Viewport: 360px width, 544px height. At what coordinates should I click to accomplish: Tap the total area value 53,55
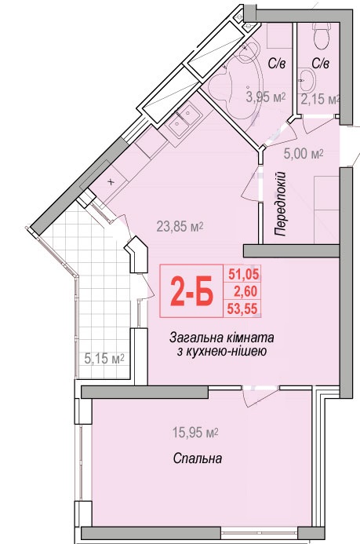[242, 309]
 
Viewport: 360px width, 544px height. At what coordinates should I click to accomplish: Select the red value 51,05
[243, 275]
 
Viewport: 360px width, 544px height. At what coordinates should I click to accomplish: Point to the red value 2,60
[245, 291]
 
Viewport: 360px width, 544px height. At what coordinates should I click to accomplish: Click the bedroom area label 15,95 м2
[195, 433]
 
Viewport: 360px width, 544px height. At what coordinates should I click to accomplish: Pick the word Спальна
[197, 458]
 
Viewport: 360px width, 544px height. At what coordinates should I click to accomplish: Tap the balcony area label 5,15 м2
[104, 359]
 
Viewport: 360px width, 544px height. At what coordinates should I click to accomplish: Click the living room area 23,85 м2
[180, 227]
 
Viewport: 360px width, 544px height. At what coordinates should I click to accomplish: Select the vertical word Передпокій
[281, 203]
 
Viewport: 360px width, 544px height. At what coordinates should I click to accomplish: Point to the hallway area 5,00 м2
[304, 153]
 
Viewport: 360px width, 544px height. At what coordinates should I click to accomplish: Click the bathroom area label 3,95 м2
[265, 97]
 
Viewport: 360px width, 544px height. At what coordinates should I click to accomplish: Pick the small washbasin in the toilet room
[307, 78]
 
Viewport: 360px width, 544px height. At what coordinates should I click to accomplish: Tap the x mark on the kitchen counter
[111, 182]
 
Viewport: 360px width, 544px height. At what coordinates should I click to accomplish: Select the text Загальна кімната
[221, 338]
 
